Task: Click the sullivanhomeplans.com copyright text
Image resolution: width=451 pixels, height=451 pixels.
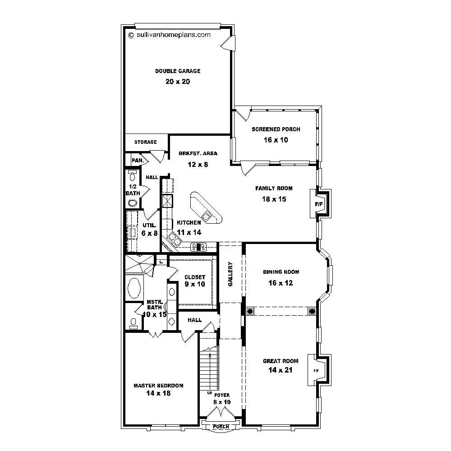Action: click(170, 35)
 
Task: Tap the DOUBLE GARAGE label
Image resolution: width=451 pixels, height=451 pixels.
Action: click(178, 71)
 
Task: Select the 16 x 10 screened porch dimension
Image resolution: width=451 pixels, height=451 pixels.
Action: click(276, 140)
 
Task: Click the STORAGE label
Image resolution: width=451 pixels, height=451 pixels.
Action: click(145, 142)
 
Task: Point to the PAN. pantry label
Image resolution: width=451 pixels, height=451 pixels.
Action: click(137, 160)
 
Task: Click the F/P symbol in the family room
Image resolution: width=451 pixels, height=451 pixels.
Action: click(319, 204)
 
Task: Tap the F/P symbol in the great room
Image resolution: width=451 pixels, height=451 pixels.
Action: click(316, 371)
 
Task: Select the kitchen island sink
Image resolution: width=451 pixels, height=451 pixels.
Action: click(207, 216)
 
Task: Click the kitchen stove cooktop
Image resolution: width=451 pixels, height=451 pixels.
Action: click(198, 246)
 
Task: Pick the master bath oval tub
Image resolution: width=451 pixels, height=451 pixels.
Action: click(134, 288)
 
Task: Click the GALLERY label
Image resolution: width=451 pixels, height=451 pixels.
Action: click(230, 274)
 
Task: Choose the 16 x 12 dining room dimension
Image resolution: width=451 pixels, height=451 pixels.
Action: click(281, 283)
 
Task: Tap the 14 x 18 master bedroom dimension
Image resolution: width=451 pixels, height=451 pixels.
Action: click(158, 393)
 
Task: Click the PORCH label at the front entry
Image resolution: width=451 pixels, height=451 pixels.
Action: click(221, 427)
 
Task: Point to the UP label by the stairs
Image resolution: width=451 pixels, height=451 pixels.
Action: click(210, 393)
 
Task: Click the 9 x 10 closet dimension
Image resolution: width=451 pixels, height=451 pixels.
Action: click(195, 284)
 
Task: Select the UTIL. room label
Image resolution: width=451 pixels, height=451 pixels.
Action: click(149, 225)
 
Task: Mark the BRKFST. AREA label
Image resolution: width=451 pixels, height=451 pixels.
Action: click(198, 153)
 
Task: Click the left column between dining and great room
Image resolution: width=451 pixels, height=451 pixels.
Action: click(250, 311)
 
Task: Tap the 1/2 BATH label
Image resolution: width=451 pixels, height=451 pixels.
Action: click(133, 190)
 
